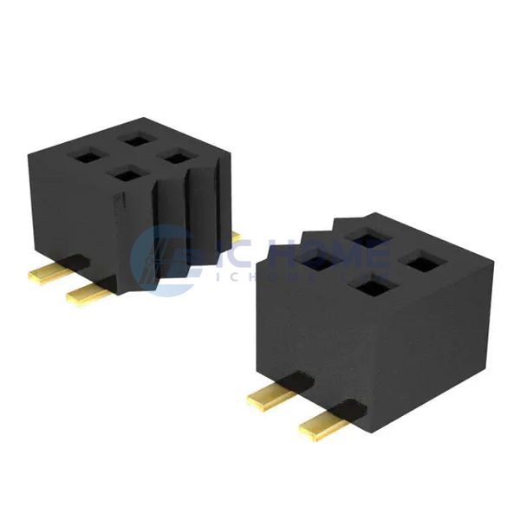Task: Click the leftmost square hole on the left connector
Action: point(86,156)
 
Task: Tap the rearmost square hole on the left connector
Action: point(136,138)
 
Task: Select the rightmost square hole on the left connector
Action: point(178,157)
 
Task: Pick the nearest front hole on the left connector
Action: point(127,174)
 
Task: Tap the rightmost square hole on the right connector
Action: point(420,262)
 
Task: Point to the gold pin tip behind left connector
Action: point(236,237)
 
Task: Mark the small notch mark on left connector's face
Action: point(121,201)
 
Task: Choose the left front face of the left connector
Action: point(74,217)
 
